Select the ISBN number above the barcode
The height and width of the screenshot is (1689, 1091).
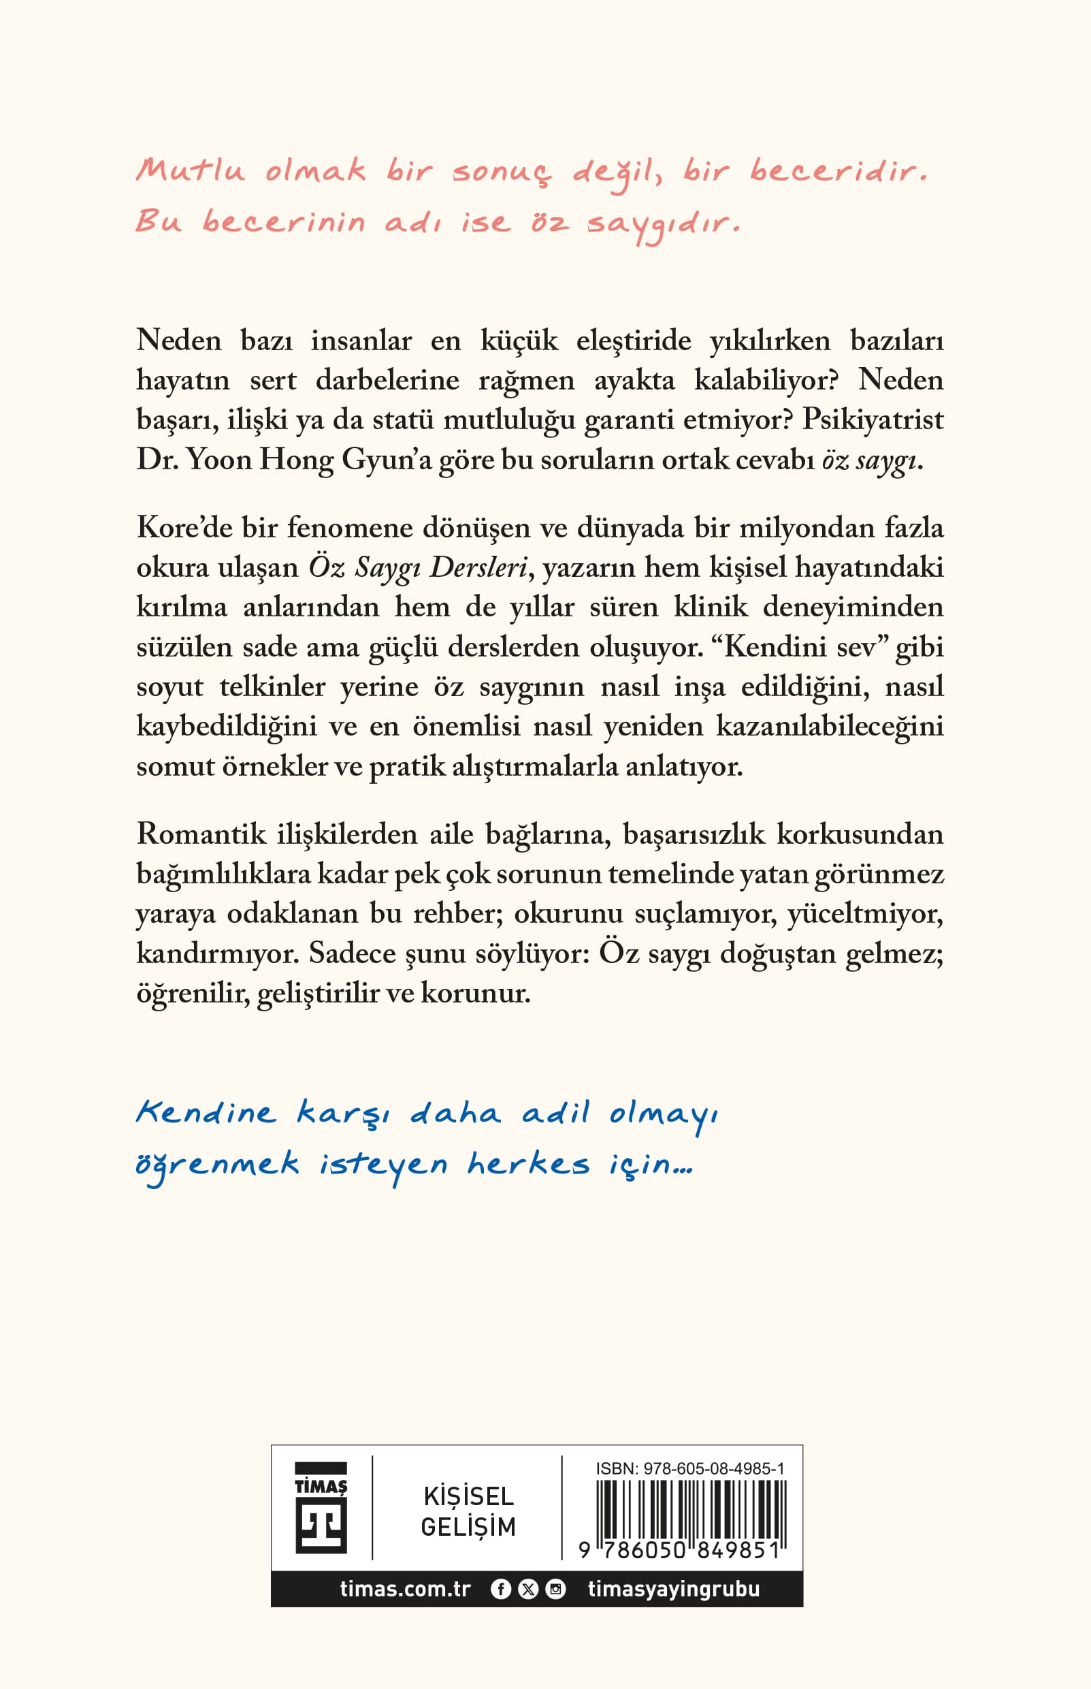click(x=689, y=1468)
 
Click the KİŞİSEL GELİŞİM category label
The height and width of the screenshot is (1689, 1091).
click(x=468, y=1511)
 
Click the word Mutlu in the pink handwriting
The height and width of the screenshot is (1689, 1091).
click(x=191, y=171)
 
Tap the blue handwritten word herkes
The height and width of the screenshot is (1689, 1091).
click(x=527, y=1164)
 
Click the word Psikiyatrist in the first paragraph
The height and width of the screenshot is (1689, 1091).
click(x=872, y=420)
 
